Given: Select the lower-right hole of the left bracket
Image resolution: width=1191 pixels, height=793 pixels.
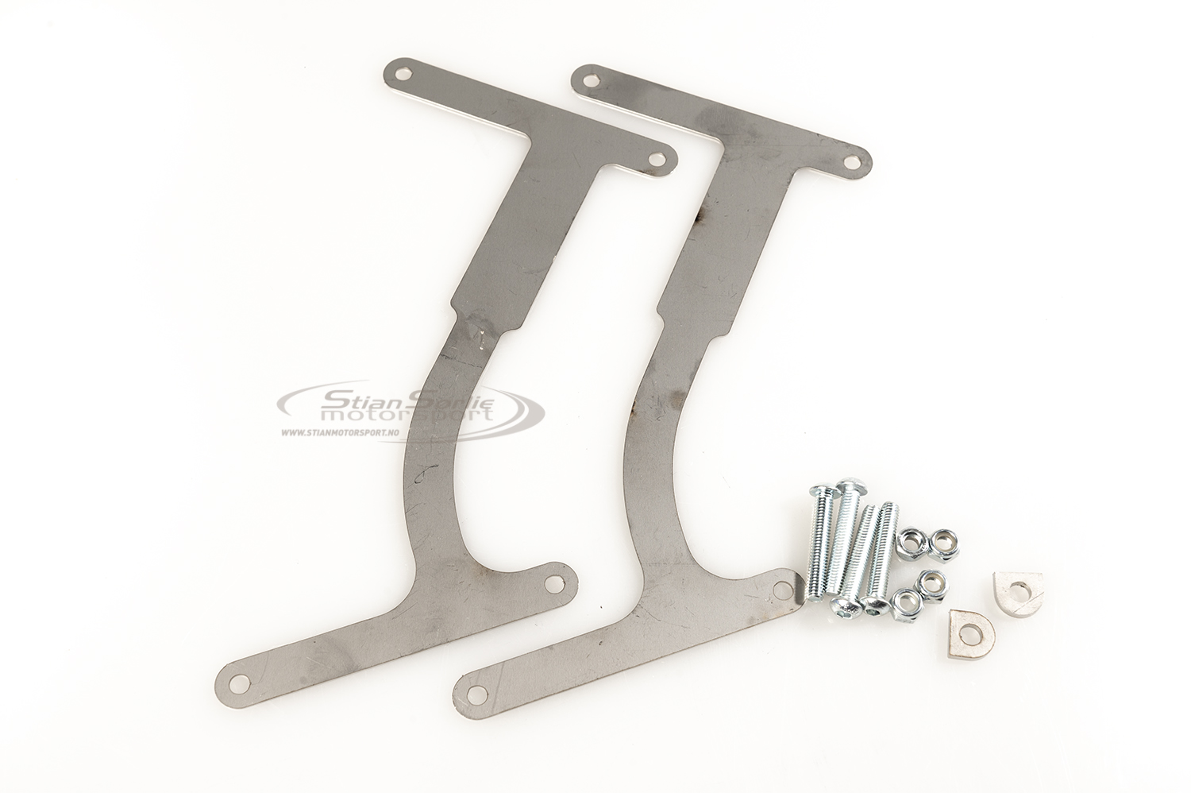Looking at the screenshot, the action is (551, 583).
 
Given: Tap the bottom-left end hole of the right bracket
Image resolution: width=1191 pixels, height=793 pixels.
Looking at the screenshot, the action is (478, 692).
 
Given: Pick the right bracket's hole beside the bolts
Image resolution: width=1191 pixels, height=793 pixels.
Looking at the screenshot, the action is (782, 588).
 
